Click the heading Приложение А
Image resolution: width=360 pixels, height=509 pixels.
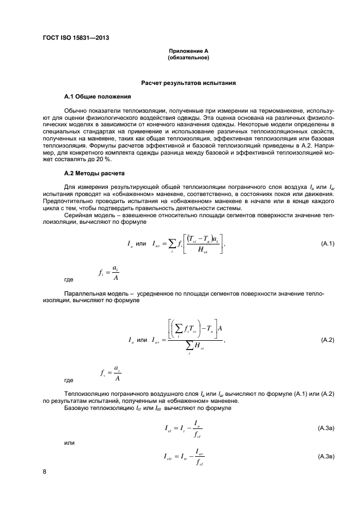tap(188, 51)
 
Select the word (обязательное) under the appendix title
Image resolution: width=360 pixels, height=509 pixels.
tap(188, 57)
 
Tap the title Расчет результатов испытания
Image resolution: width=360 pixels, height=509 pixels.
tap(188, 83)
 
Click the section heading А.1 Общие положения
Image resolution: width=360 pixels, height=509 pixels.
tap(97, 97)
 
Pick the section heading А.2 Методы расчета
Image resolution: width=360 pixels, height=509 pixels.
tap(95, 173)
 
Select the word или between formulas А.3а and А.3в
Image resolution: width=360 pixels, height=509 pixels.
tap(69, 443)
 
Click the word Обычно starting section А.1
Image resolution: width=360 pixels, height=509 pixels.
tap(74, 110)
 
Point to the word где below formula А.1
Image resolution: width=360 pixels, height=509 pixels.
tap(69, 280)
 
